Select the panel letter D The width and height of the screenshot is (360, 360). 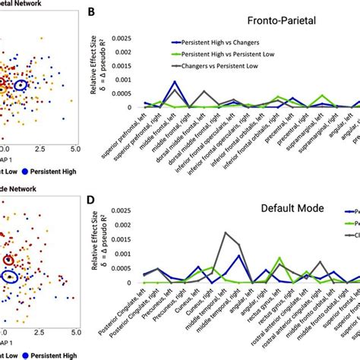[x=91, y=201]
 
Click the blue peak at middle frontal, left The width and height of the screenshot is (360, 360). [x=175, y=82]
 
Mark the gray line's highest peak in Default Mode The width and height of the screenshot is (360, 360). [x=225, y=233]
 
